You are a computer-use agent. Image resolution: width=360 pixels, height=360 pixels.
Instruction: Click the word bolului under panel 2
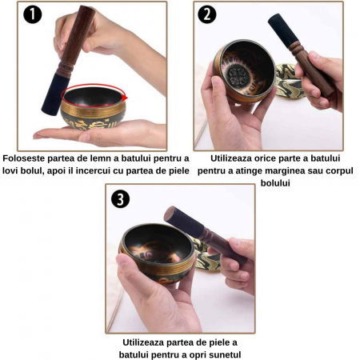tap(277, 182)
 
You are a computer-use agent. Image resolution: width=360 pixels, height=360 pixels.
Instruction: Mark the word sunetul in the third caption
tap(218, 354)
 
